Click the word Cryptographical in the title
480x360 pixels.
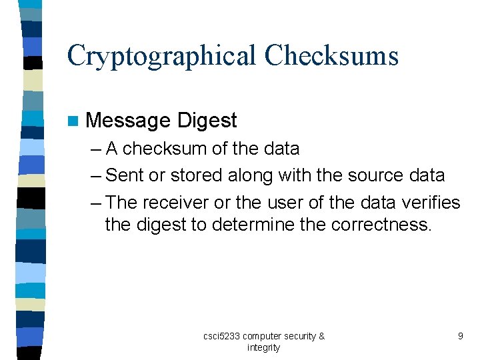(x=160, y=56)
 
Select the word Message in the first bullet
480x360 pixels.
(x=129, y=121)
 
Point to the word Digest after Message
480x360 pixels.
(x=207, y=121)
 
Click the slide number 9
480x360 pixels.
(x=460, y=336)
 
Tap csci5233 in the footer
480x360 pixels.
(x=221, y=336)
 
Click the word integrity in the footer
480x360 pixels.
(x=264, y=347)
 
